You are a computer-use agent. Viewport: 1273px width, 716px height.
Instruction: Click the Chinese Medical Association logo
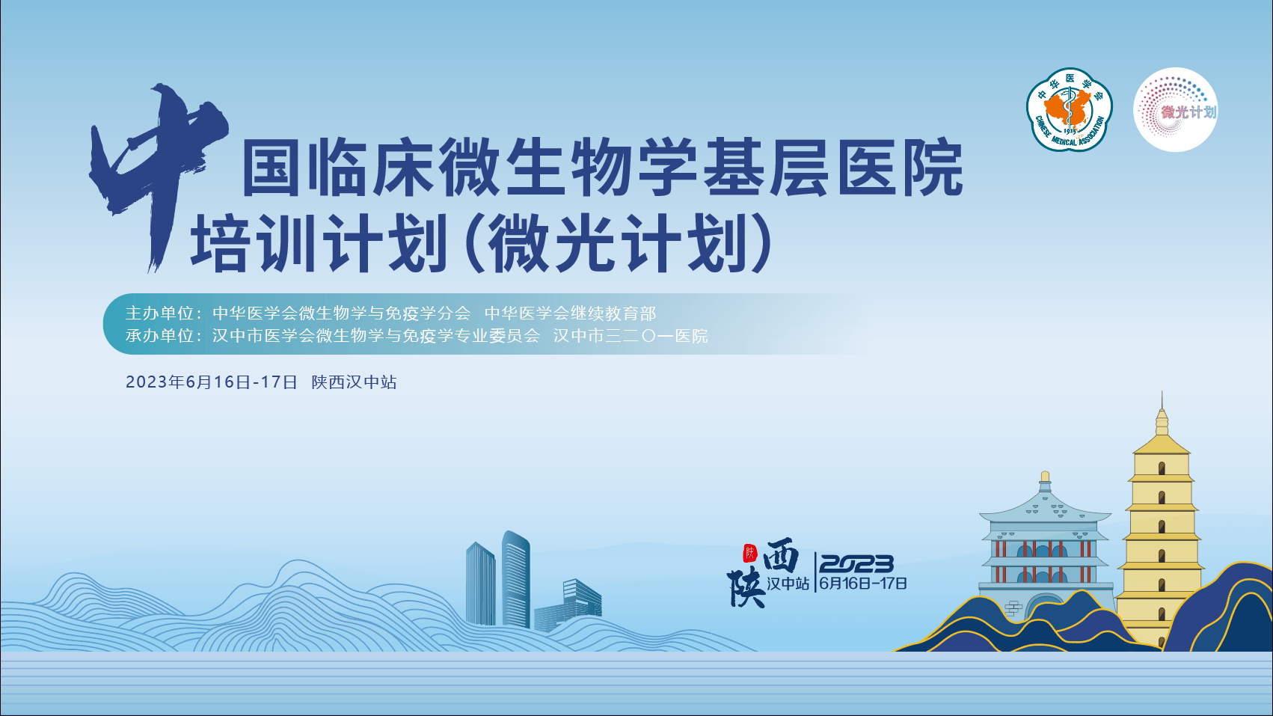pyautogui.click(x=1069, y=110)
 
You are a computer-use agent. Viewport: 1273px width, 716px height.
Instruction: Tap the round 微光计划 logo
pyautogui.click(x=1175, y=110)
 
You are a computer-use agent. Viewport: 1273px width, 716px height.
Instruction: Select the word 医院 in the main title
pyautogui.click(x=901, y=167)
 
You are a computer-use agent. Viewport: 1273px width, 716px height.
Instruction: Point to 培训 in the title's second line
pyautogui.click(x=252, y=243)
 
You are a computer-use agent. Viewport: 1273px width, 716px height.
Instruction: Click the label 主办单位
pyautogui.click(x=160, y=313)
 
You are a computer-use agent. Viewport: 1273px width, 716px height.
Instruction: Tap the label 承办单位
pyautogui.click(x=160, y=336)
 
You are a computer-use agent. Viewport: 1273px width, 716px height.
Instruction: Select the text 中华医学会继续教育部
pyautogui.click(x=570, y=313)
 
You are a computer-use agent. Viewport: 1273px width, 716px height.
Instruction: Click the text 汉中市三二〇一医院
pyautogui.click(x=631, y=336)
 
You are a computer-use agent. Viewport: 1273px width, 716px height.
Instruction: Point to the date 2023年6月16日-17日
pyautogui.click(x=212, y=382)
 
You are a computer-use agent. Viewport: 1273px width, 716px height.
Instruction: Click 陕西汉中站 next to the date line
pyautogui.click(x=354, y=382)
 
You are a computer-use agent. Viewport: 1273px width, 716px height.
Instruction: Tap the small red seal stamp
pyautogui.click(x=750, y=553)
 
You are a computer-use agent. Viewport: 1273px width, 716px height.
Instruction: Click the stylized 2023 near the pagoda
pyautogui.click(x=856, y=563)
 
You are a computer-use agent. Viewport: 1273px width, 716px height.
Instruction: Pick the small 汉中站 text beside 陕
pyautogui.click(x=788, y=584)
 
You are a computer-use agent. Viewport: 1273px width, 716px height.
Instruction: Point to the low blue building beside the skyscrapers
pyautogui.click(x=568, y=606)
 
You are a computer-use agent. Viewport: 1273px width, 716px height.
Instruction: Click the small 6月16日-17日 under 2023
pyautogui.click(x=862, y=584)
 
